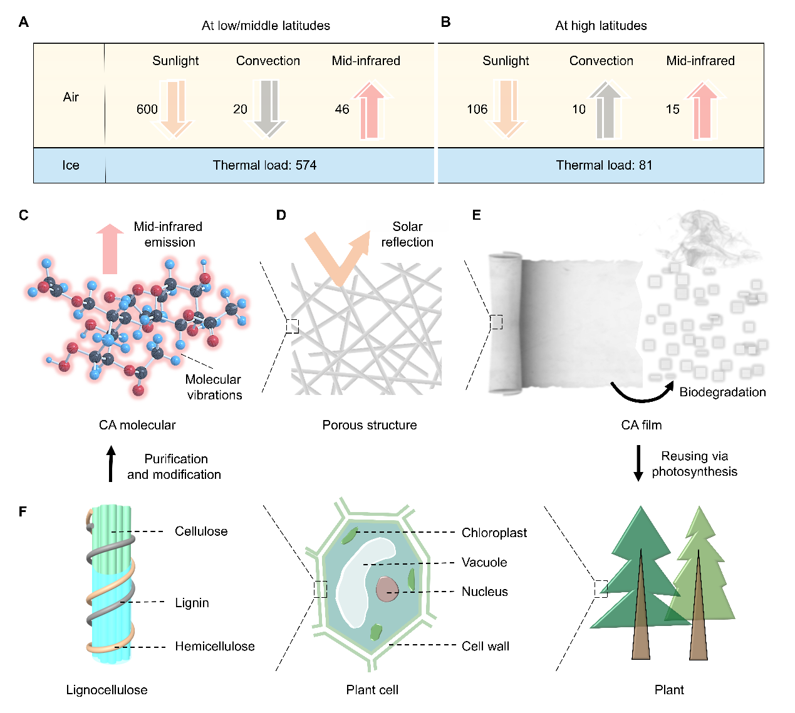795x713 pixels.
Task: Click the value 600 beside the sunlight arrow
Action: [147, 110]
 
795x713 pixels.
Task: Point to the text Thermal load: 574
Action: [264, 165]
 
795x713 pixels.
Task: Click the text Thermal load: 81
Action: [604, 165]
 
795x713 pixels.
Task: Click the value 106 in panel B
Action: [477, 110]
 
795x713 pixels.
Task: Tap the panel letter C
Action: [24, 215]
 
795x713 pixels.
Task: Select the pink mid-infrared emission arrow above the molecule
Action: [110, 249]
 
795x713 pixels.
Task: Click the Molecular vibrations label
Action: [214, 387]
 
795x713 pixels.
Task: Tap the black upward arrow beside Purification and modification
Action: [111, 464]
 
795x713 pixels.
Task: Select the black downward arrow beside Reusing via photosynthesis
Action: [638, 463]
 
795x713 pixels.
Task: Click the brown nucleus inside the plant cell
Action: [387, 589]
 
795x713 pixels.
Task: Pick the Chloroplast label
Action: [494, 533]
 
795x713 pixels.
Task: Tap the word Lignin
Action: [192, 603]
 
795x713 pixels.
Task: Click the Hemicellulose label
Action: [214, 647]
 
